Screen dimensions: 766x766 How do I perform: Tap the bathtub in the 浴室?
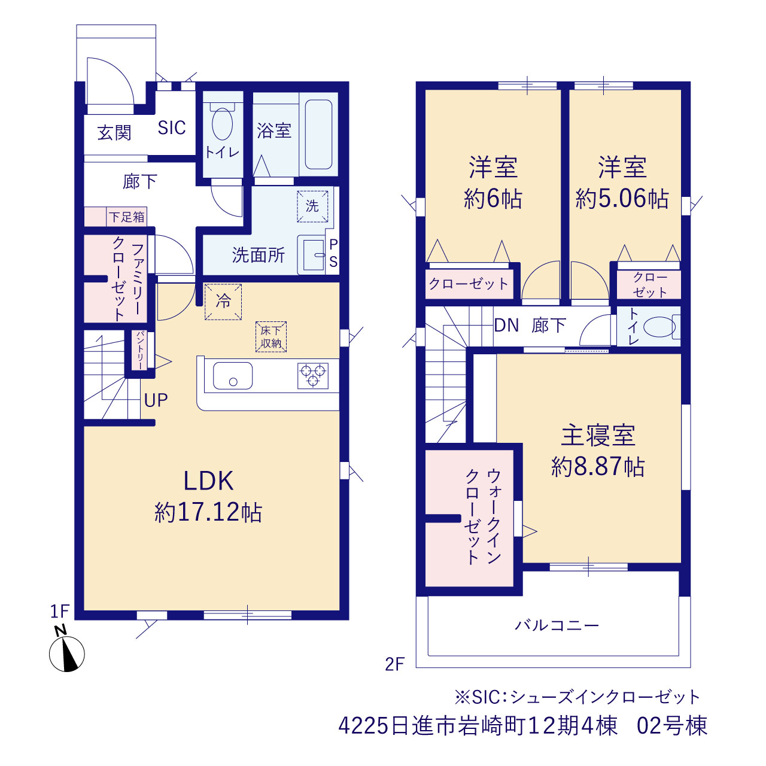[318, 135]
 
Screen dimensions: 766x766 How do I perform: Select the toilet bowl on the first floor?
[222, 123]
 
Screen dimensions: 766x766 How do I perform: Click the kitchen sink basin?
[233, 376]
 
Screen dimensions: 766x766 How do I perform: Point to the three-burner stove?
[313, 375]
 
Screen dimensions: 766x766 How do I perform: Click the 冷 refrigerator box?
[223, 302]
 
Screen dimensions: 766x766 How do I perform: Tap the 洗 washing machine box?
[312, 206]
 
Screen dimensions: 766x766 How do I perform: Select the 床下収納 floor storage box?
[270, 337]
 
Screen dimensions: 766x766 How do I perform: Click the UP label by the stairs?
[156, 400]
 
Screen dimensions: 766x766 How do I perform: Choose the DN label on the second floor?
[506, 326]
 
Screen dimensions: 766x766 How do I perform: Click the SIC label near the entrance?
[172, 128]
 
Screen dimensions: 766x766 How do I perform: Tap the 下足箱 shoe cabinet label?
[127, 217]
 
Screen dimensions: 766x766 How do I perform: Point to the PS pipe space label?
[333, 253]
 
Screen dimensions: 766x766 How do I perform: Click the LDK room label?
[208, 481]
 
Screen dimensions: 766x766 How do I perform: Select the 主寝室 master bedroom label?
[598, 435]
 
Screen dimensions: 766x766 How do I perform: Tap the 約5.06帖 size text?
[622, 198]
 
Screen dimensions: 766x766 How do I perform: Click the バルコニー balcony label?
[557, 626]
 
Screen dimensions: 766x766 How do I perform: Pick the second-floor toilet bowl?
[659, 327]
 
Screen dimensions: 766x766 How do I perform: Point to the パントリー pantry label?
[140, 350]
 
